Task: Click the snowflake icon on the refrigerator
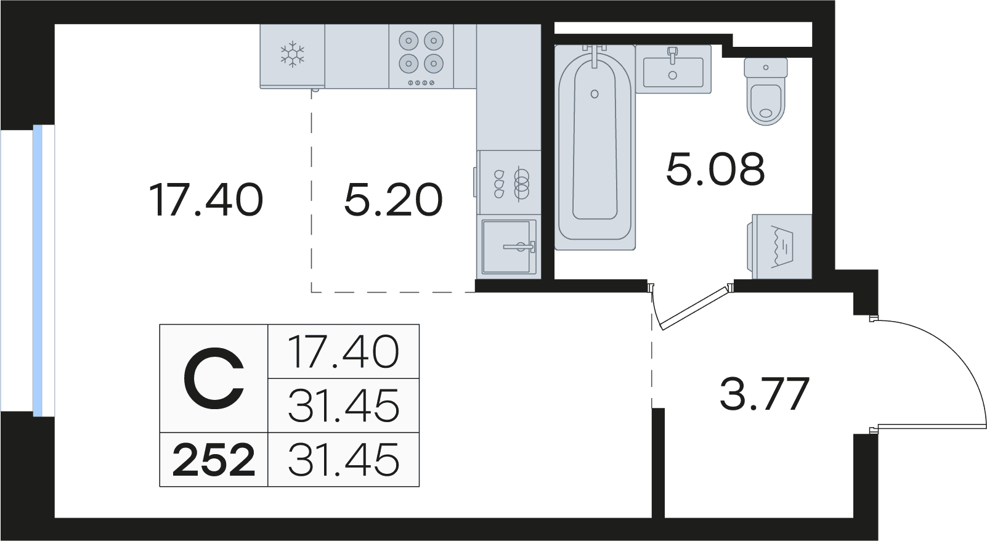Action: tap(292, 54)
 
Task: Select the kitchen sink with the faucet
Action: tap(509, 246)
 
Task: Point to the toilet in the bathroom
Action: tap(766, 92)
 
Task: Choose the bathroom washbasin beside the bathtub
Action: tap(673, 69)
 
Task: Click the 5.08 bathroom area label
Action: tap(715, 169)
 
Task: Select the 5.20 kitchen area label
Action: tap(393, 200)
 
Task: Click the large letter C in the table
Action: tap(214, 378)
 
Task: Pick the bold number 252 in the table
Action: tap(214, 460)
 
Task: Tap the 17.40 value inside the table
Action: tap(344, 352)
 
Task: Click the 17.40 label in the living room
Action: tap(206, 200)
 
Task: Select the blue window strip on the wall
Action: tap(38, 270)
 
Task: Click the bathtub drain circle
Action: tap(595, 94)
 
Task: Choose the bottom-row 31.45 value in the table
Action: tap(344, 460)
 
